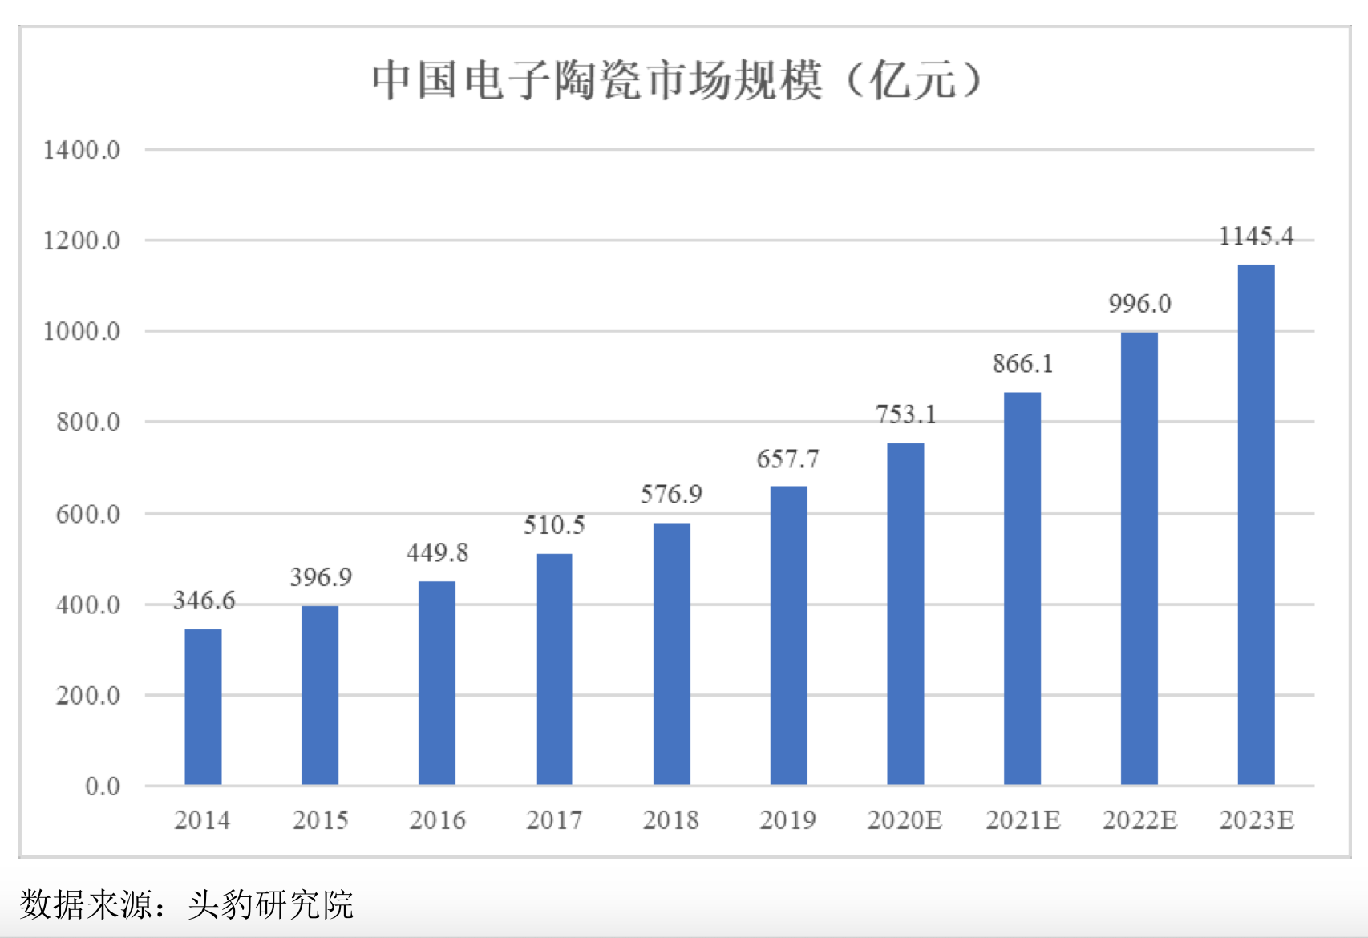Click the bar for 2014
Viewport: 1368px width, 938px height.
coord(203,706)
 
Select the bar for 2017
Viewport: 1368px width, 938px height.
coord(554,669)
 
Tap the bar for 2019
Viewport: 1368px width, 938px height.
coord(788,635)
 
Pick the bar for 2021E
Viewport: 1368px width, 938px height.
coord(1022,588)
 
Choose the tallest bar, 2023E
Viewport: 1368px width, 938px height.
coord(1256,524)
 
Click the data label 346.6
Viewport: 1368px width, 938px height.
coord(204,600)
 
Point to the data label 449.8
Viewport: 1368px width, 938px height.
coord(437,552)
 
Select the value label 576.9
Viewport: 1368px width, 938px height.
coord(671,494)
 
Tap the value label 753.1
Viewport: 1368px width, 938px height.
coord(906,414)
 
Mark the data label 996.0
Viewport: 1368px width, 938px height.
coord(1139,304)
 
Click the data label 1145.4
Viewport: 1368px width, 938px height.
coord(1256,236)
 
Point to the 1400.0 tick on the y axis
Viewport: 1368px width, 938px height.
coord(82,150)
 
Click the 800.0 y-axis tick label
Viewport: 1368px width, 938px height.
coord(88,423)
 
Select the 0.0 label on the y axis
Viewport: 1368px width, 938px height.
coord(103,786)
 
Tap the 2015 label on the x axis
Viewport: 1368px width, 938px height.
coord(320,820)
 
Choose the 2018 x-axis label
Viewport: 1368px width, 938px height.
coord(671,820)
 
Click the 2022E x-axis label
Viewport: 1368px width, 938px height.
coord(1139,820)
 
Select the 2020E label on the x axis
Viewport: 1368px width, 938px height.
coord(905,820)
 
